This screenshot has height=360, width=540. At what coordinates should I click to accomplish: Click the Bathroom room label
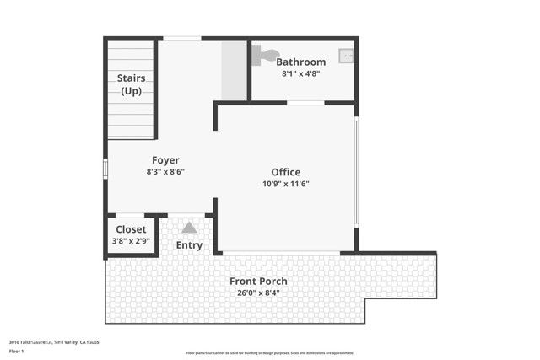pos(300,62)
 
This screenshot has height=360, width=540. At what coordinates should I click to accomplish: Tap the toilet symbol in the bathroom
pos(266,55)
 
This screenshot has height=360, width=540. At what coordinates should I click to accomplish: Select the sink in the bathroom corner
pos(346,56)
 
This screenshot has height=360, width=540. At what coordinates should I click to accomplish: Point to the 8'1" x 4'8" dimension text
pos(300,73)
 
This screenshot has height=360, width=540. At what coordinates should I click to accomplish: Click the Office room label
pos(285,172)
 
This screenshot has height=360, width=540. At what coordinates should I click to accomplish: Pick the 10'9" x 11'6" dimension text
pos(285,184)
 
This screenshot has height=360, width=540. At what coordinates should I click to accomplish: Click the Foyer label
pos(165,160)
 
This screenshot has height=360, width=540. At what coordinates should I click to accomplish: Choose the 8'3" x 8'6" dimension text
pos(165,171)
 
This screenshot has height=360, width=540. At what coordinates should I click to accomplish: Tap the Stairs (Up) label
pos(131,84)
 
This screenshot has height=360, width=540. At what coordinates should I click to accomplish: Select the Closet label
pos(131,229)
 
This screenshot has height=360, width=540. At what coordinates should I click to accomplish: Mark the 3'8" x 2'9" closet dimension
pos(131,241)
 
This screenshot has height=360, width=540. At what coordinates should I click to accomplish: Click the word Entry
pos(189,245)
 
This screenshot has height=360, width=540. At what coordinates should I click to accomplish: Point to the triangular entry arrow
pos(189,227)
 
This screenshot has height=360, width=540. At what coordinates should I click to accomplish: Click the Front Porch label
pos(258,281)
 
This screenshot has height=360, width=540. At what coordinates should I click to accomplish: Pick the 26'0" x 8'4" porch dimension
pos(258,293)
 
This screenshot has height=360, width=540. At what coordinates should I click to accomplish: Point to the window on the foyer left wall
pos(105,169)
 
